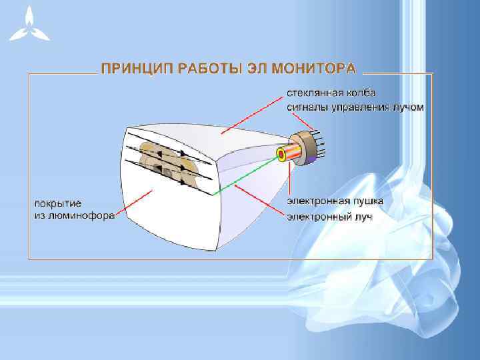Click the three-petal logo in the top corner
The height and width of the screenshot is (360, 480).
(29, 25)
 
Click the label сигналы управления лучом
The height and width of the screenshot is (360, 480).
(355, 107)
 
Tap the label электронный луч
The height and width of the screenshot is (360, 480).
(329, 217)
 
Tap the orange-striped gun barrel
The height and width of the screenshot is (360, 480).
(292, 153)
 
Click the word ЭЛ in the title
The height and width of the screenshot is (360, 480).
(236, 69)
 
